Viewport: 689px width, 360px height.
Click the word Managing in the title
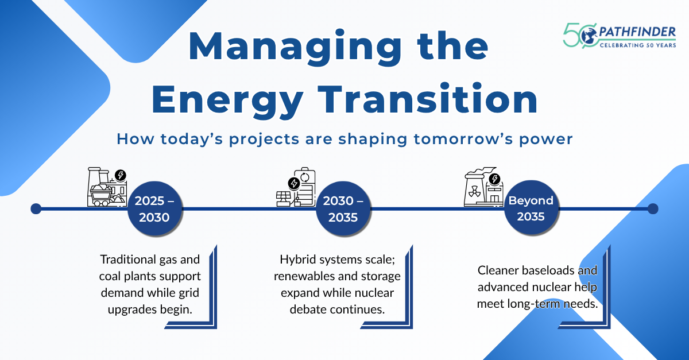(x=295, y=47)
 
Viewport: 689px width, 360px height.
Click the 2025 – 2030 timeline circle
(x=154, y=208)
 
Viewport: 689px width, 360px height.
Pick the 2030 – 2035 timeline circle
(x=343, y=208)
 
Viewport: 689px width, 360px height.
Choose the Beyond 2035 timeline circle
(x=531, y=208)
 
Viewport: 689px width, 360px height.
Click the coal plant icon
(x=107, y=187)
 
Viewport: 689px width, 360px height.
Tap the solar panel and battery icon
(x=296, y=187)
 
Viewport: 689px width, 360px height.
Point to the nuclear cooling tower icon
(x=483, y=187)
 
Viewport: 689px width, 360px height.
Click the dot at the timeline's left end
(x=36, y=208)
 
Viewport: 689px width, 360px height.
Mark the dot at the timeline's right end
(x=653, y=208)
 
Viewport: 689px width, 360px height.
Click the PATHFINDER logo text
(x=637, y=32)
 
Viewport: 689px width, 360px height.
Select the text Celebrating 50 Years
(x=638, y=45)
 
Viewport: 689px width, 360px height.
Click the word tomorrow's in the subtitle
(x=463, y=139)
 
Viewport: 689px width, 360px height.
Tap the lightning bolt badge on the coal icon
(x=121, y=175)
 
